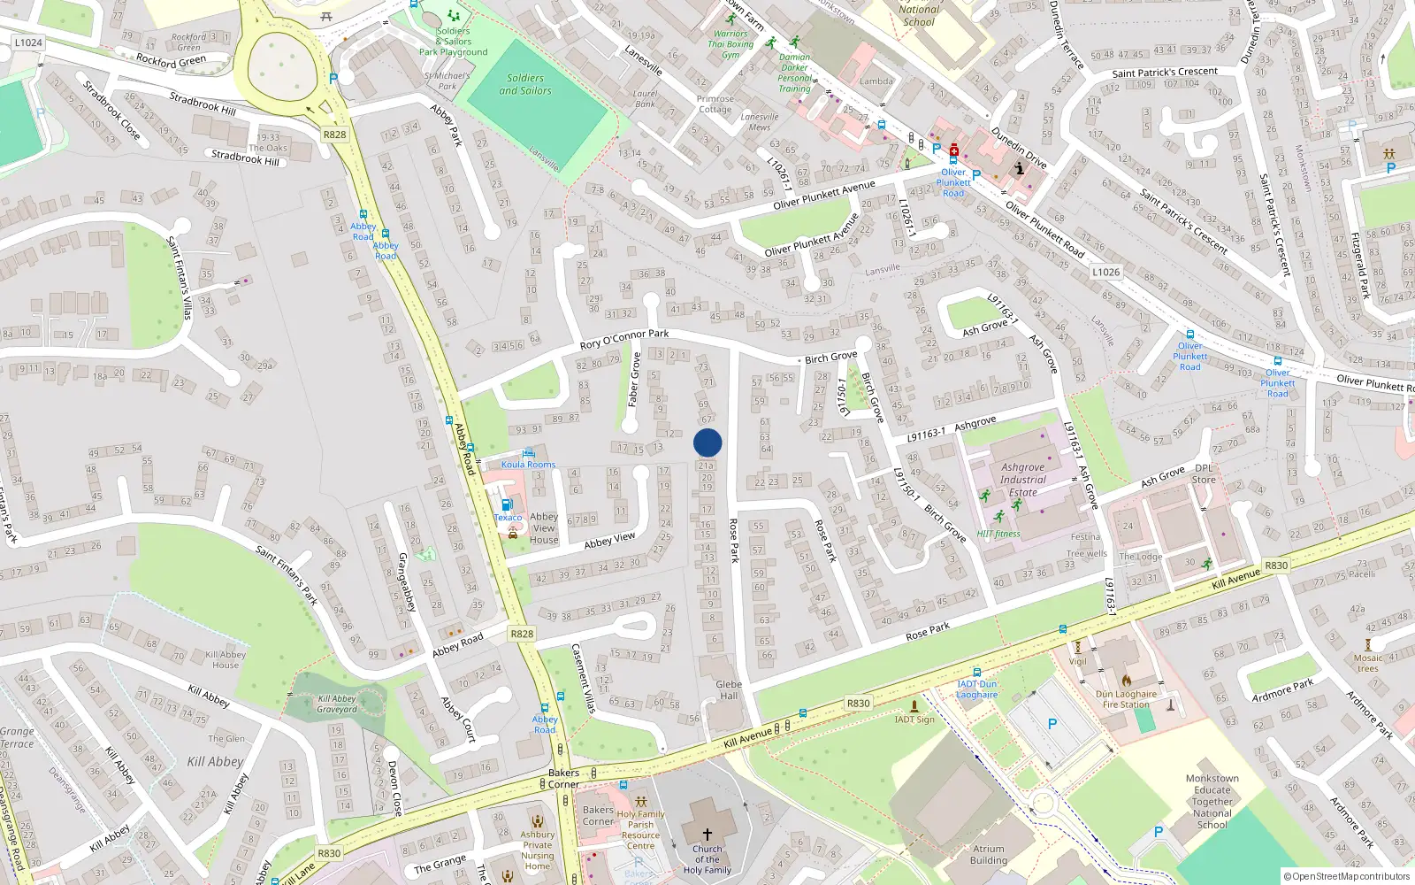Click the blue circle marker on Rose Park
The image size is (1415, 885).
click(707, 442)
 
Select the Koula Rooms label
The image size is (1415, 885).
click(528, 464)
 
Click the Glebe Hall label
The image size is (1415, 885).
click(729, 689)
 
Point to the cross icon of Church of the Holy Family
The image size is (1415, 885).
click(707, 834)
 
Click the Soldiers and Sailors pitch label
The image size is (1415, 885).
click(525, 84)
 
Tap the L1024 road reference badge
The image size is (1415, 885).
click(28, 42)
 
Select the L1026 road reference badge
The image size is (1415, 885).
click(1105, 272)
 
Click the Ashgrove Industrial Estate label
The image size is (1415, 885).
click(1023, 480)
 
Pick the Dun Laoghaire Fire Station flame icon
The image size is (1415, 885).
click(1126, 681)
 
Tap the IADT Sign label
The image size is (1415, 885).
click(914, 720)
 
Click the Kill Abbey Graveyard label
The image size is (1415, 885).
click(337, 704)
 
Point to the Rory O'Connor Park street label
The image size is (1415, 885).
click(623, 339)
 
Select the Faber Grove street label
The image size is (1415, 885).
click(634, 380)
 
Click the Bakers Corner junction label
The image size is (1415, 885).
click(563, 778)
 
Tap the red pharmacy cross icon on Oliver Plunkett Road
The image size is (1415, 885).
click(954, 150)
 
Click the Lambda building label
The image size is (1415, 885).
click(876, 81)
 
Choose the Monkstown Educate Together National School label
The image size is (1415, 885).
click(1212, 801)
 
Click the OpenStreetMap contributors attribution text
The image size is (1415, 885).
click(1347, 876)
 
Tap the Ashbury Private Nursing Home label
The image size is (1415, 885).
click(537, 850)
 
